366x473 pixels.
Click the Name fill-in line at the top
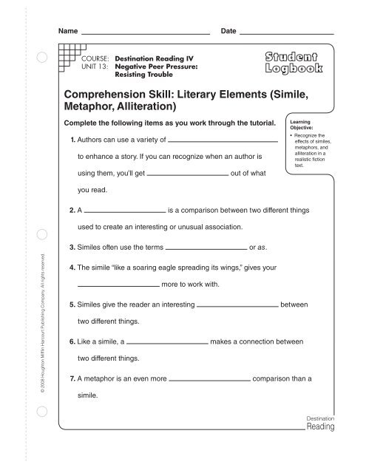[x=145, y=34]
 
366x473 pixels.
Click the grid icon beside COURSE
[x=69, y=53]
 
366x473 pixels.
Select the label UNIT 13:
[x=95, y=65]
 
